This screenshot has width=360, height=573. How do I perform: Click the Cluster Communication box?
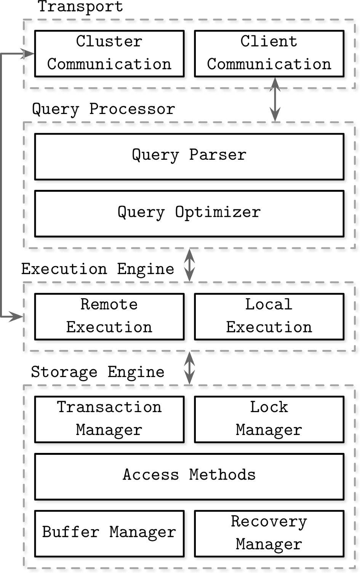click(x=109, y=53)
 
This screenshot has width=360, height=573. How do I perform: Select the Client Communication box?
click(x=269, y=53)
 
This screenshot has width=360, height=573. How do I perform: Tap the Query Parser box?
click(x=189, y=157)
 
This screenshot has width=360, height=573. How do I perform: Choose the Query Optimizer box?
click(x=189, y=213)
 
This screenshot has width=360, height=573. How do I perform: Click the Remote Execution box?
click(x=109, y=317)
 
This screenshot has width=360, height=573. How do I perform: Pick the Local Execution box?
click(x=269, y=317)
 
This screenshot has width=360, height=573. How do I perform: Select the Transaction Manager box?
click(x=109, y=419)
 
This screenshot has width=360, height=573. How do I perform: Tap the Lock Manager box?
click(x=269, y=419)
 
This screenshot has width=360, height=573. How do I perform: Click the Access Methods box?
click(x=189, y=477)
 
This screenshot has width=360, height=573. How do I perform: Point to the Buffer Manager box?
click(x=109, y=534)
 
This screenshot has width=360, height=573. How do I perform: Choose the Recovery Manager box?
click(x=269, y=534)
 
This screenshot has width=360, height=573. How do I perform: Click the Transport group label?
click(x=80, y=6)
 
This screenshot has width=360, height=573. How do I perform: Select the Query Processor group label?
click(x=104, y=109)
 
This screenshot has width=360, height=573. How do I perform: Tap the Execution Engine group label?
click(x=98, y=269)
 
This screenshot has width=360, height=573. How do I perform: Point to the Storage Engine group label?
click(x=98, y=372)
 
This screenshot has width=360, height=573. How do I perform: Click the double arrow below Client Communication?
click(x=275, y=100)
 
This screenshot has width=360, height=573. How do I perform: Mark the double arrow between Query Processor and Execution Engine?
click(x=189, y=265)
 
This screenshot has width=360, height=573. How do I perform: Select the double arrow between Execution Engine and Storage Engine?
click(x=189, y=368)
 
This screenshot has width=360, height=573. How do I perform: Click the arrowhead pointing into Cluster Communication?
click(x=28, y=54)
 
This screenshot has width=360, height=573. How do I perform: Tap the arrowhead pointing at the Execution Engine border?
click(x=16, y=317)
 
